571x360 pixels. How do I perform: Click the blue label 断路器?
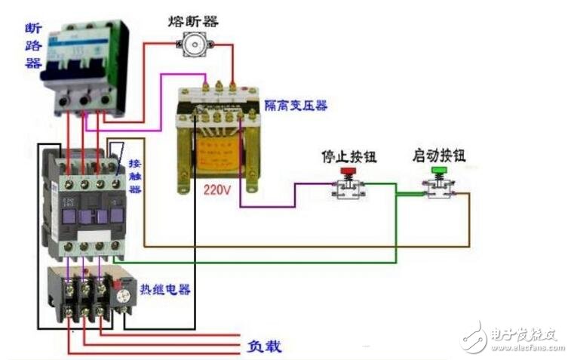[32, 45]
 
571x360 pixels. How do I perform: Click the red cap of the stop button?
[348, 171]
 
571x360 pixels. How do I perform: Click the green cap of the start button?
[438, 171]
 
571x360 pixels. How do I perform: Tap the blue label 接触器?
[135, 176]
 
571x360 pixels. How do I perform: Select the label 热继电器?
[164, 290]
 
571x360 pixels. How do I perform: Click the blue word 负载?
[265, 346]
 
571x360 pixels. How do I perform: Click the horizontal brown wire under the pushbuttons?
[302, 246]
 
